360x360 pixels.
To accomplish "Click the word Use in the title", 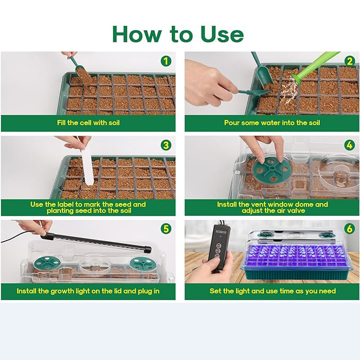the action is coord(222,34).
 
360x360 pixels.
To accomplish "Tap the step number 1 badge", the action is coord(166,62).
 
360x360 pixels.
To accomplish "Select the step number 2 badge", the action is coord(349,62).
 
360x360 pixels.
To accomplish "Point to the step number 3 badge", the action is coord(166,145).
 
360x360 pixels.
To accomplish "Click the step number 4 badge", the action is coord(349,145).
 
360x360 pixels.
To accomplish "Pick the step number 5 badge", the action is coord(166,229).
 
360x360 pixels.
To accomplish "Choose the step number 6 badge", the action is coord(349,229).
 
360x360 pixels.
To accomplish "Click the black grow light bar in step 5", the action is coord(96,242).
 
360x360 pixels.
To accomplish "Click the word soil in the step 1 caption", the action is coord(114,122).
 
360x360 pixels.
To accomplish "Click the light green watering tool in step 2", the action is coord(314,67).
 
